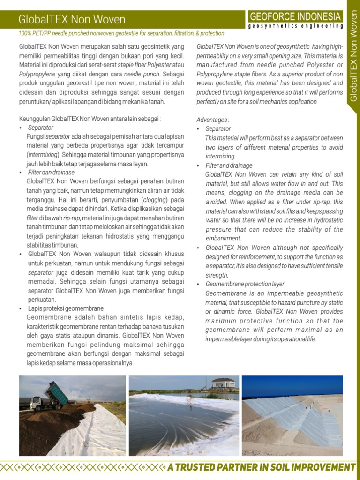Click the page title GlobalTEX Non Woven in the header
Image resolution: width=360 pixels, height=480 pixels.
pos(72,19)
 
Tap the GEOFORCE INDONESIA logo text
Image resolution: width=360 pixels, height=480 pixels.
pos(295,16)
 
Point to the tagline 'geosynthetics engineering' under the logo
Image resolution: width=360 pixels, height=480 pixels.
pos(295,26)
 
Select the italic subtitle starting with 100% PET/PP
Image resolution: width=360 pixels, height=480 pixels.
pos(121,33)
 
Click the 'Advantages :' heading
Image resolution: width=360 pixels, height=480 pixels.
pos(213,120)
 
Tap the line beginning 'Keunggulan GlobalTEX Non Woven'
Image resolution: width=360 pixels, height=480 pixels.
pos(90,119)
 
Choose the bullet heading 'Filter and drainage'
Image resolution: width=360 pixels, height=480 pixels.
pos(229,165)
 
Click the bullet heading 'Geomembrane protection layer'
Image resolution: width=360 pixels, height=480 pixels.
pos(245,284)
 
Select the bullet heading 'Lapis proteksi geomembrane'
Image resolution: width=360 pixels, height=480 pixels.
pos(66,308)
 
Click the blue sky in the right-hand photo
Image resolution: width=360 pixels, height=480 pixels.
pos(291,384)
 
